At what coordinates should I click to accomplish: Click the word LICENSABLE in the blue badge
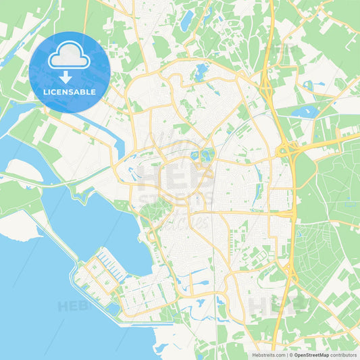coord(70,92)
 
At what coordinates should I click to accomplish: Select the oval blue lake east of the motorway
coord(303,111)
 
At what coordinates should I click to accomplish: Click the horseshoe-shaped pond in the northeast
coord(309,85)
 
